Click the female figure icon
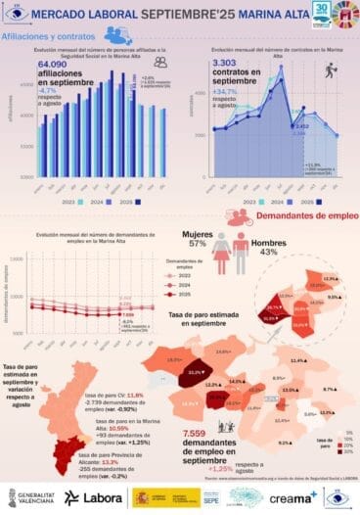[x=221, y=252]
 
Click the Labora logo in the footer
[x=92, y=497]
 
